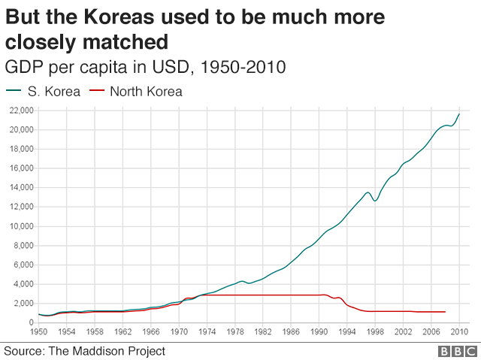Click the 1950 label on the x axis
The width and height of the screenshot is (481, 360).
click(x=38, y=331)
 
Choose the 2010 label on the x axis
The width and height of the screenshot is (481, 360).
click(x=458, y=331)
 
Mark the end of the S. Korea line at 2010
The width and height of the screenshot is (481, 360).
click(x=459, y=114)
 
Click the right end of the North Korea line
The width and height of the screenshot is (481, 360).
click(x=445, y=311)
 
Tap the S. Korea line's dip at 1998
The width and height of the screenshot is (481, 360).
click(x=375, y=201)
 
